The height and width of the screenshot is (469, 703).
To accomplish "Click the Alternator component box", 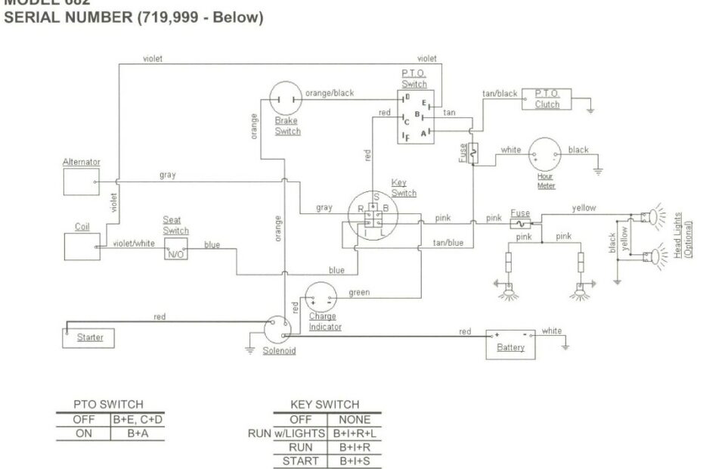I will click(80, 182).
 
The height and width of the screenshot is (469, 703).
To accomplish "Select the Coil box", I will click(80, 246).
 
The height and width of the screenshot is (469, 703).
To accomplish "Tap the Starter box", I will click(89, 337).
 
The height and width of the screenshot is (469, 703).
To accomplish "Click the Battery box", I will click(510, 343).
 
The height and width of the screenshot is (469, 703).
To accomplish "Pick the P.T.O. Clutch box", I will click(547, 99).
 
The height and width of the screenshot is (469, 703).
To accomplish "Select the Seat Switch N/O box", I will click(175, 253).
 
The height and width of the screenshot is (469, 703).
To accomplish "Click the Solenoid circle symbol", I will click(278, 331).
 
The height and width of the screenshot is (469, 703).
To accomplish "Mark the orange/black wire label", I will click(329, 93).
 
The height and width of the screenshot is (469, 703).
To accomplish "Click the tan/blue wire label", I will click(448, 243).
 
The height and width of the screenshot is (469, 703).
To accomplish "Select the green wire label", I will click(359, 293).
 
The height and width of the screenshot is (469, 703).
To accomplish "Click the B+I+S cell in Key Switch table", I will click(354, 461).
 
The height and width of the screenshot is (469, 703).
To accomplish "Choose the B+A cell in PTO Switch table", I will click(136, 433).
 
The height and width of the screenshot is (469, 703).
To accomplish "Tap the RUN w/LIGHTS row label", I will click(286, 433).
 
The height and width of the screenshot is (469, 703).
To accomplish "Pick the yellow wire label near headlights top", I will click(584, 207).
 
